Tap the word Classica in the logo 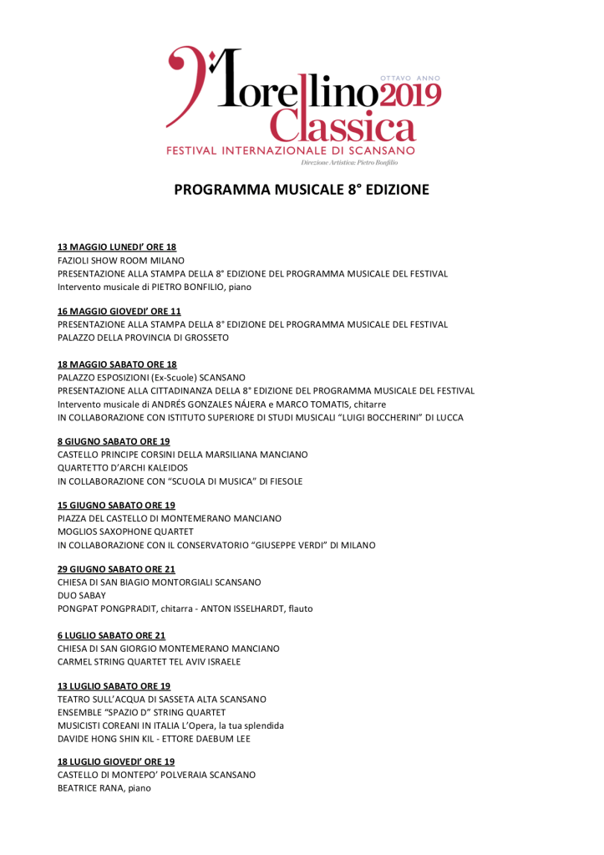coord(343,128)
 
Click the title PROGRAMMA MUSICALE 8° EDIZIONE coord(302,190)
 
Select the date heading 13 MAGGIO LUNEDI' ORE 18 coord(117,247)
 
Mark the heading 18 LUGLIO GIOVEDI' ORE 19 coord(116,761)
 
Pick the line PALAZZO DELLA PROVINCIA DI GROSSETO coord(143,338)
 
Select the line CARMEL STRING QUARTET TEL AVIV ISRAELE coord(149,662)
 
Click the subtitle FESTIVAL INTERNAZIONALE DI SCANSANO coord(291,150)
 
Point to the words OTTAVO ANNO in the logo coord(409,78)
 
